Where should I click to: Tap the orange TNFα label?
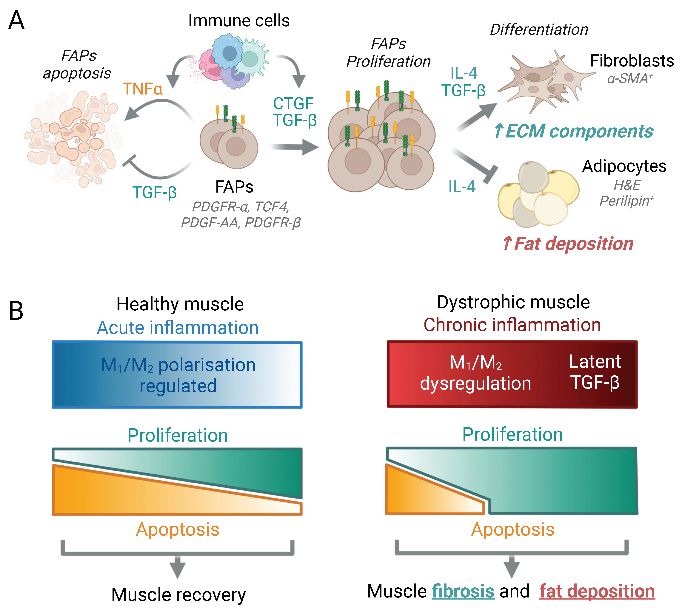point(143,89)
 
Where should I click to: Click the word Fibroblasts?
point(632,61)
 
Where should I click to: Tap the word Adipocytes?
point(624,166)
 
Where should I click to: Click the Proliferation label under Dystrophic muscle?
point(512,434)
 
